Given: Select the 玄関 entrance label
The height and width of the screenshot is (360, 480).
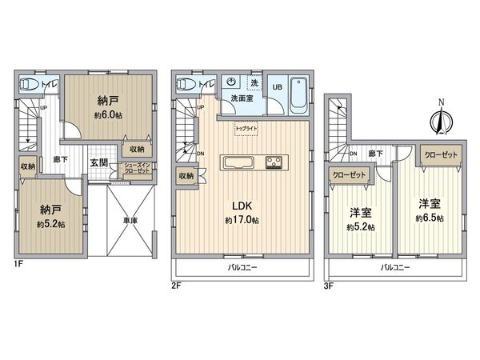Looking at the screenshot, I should pyautogui.click(x=100, y=162).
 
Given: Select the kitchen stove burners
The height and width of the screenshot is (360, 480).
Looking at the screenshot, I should pyautogui.click(x=274, y=162).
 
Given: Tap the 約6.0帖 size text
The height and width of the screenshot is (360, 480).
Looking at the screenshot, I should pyautogui.click(x=109, y=115).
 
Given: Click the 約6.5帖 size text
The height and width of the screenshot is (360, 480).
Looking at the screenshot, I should pyautogui.click(x=429, y=218).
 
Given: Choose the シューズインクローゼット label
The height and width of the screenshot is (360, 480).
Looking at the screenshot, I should pyautogui.click(x=134, y=170).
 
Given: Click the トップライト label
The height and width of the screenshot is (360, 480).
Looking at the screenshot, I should pyautogui.click(x=245, y=127).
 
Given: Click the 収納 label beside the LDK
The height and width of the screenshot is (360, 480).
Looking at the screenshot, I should pyautogui.click(x=186, y=176).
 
